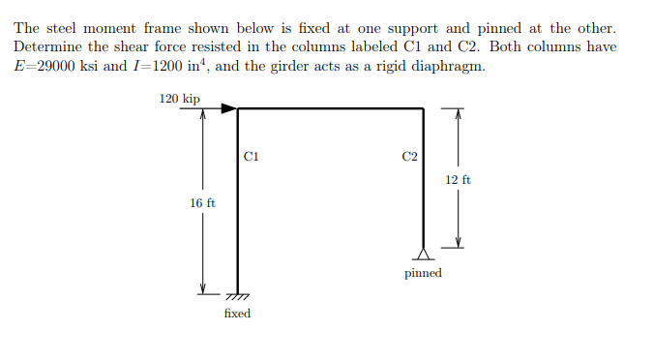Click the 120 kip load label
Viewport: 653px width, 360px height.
179,99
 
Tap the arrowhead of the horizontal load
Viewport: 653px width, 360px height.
230,109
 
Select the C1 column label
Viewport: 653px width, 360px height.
252,155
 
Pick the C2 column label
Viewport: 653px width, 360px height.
409,155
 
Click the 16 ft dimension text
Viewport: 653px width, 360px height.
202,203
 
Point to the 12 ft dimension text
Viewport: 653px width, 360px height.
459,180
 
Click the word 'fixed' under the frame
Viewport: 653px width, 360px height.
237,314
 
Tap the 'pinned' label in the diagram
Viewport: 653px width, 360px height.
423,273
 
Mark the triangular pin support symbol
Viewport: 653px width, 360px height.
424,255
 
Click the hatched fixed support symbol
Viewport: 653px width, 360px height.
239,296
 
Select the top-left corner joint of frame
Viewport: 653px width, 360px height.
239,109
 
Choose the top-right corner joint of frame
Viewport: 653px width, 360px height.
424,109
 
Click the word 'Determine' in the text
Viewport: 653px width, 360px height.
45,47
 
